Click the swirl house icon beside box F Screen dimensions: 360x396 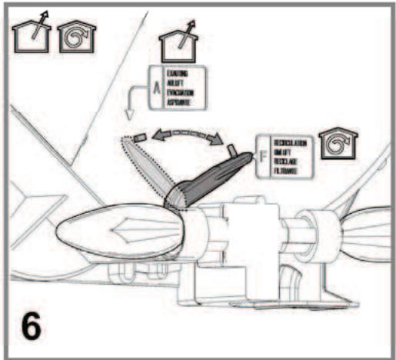(335, 141)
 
